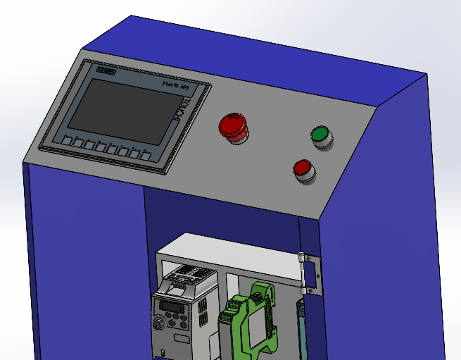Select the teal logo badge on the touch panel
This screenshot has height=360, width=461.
(106, 71)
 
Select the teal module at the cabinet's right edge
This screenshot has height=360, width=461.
(301, 331)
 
